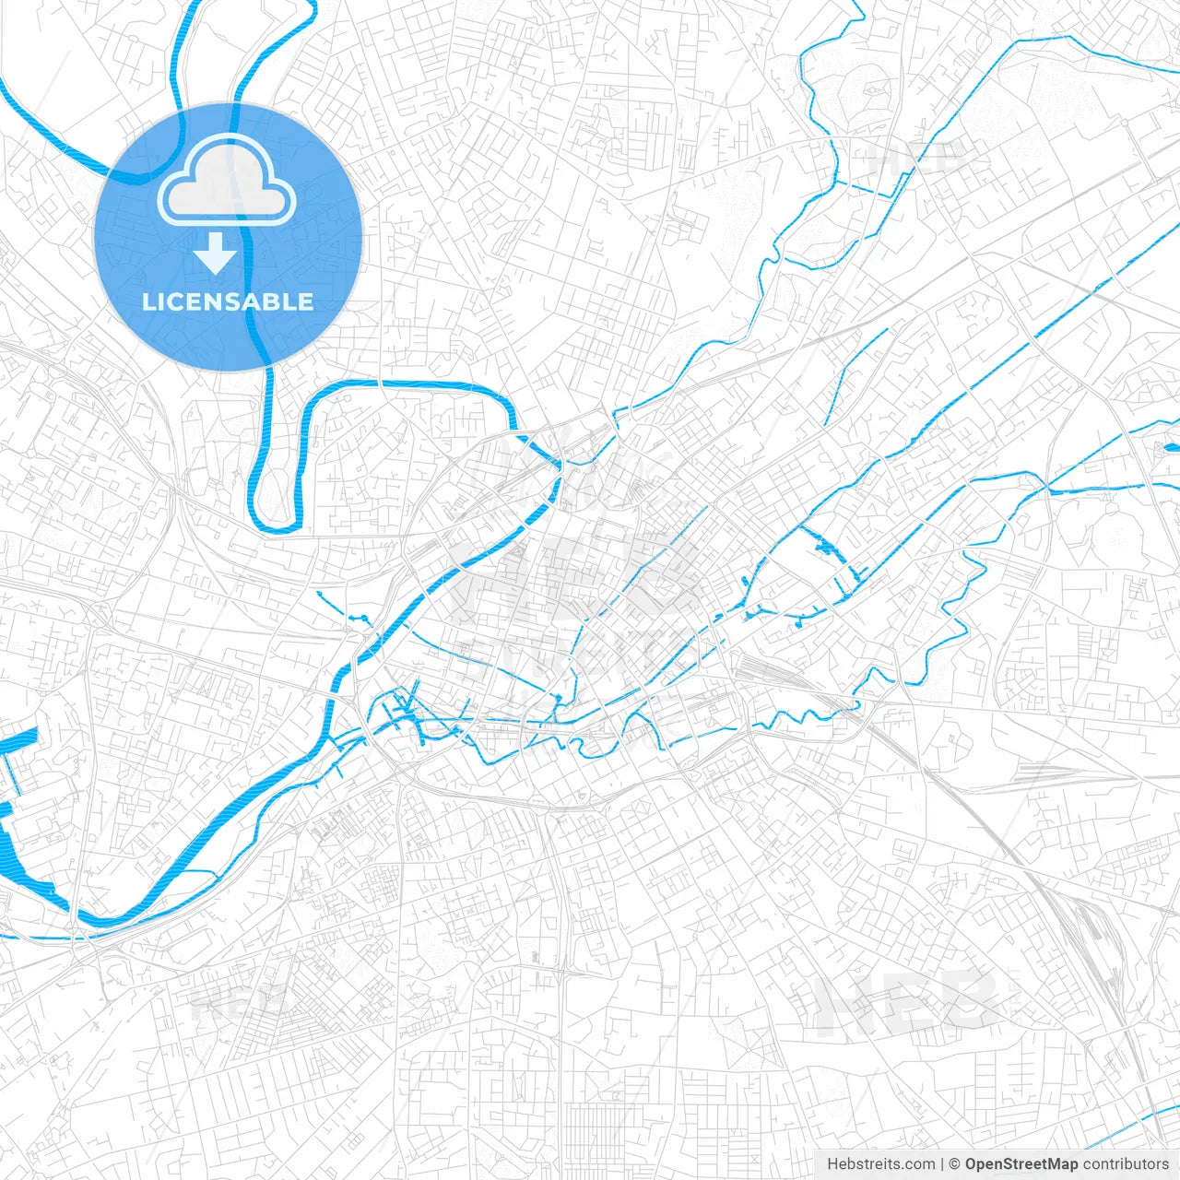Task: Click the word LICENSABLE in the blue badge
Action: [x=228, y=301]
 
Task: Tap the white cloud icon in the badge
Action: [x=227, y=183]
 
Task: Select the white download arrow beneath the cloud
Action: [x=215, y=253]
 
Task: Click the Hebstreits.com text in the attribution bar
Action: [x=880, y=1164]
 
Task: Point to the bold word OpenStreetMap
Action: [x=1021, y=1164]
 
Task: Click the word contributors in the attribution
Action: [x=1125, y=1164]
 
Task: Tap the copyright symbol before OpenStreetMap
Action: [x=955, y=1164]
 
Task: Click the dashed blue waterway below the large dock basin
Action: [x=37, y=937]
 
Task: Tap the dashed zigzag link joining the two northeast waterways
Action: [x=871, y=190]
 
